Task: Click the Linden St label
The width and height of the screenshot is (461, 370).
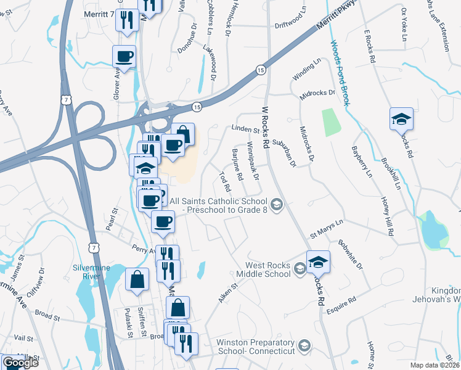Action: point(244,129)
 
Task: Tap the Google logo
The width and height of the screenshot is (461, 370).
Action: point(20,363)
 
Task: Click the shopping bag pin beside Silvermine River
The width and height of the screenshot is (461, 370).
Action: point(136,279)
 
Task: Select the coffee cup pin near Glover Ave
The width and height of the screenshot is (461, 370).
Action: point(124,57)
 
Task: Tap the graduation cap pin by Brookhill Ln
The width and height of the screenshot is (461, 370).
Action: point(401,118)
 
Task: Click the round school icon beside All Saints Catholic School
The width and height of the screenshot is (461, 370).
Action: point(277,204)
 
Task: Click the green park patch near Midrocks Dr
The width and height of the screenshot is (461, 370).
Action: point(331,122)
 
